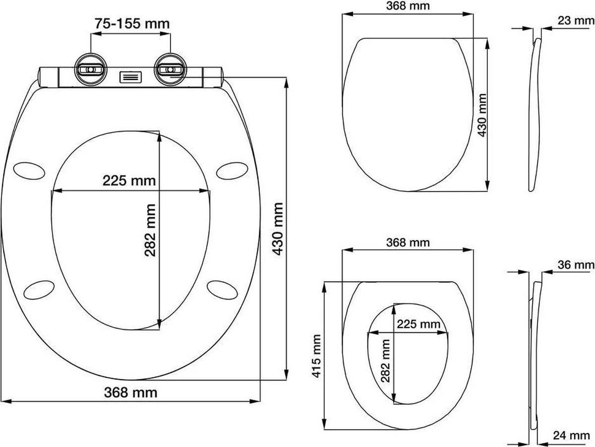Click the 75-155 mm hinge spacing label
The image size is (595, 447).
[131, 23]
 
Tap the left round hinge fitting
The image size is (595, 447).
[90, 69]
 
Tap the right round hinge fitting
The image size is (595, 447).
[170, 69]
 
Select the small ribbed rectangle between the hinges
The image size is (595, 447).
[131, 77]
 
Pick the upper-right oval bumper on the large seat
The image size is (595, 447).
[233, 169]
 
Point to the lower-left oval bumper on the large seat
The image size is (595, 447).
[39, 289]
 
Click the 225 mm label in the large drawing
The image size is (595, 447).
[129, 181]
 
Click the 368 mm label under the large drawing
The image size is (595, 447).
[131, 392]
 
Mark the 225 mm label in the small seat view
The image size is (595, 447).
[418, 324]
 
